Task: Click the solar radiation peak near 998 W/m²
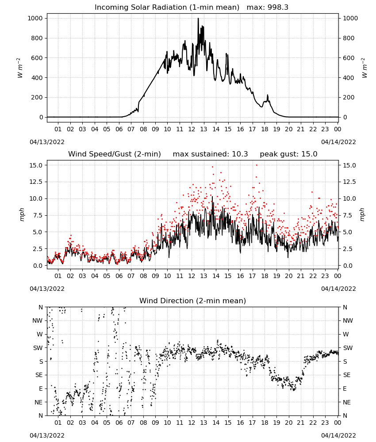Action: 198,19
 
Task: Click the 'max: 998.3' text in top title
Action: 268,8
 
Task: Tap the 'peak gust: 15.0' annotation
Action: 288,154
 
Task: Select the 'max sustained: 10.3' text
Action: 210,154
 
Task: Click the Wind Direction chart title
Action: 193,301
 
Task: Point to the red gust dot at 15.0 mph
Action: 257,165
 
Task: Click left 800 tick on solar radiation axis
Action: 37,38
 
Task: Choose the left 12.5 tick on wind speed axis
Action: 36,182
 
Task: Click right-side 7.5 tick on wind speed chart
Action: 348,215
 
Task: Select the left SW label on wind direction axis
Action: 38,348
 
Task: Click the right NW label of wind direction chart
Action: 348,321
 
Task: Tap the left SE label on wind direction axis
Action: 39,375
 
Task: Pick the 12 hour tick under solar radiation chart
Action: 192,130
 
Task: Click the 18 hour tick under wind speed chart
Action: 265,276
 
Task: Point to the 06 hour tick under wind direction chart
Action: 119,423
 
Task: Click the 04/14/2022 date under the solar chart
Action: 338,142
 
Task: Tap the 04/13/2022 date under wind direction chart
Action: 47,435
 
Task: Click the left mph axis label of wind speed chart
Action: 22,215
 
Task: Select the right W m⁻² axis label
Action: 364,68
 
